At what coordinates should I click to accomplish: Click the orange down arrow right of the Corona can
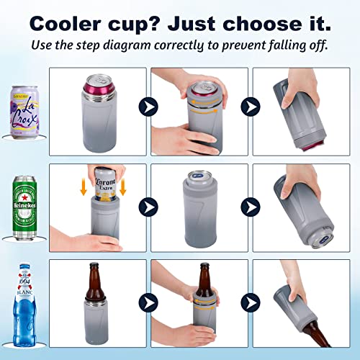[x=123, y=186]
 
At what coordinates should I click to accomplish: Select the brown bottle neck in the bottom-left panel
[x=97, y=274]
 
